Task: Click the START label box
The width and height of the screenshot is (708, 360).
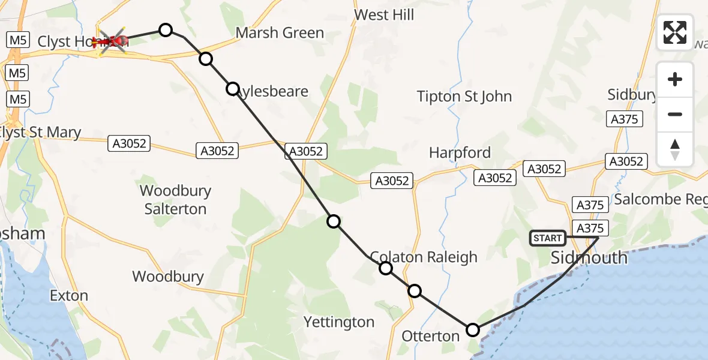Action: coord(547,238)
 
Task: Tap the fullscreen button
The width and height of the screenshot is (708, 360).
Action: coord(675,32)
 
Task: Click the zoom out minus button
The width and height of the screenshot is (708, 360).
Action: coord(675,114)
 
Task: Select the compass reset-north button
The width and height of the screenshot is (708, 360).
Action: coord(675,149)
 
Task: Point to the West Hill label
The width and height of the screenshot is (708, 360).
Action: coord(384,15)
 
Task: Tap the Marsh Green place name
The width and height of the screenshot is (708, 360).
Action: coord(280,33)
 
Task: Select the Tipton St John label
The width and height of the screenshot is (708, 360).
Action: coord(464,96)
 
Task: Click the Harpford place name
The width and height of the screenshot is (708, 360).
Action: coord(460,153)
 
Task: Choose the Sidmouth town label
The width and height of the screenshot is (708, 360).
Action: coord(589,258)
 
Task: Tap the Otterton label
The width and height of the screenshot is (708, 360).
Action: coord(431,336)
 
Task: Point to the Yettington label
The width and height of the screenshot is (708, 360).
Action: coord(339,322)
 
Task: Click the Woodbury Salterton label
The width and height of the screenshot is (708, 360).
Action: coord(175,200)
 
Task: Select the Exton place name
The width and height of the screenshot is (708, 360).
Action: coord(69,296)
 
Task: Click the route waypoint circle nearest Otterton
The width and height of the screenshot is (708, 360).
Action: coord(473,330)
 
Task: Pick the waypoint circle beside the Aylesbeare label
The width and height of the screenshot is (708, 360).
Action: coord(233,89)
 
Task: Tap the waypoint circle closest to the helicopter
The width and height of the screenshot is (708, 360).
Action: coord(165,30)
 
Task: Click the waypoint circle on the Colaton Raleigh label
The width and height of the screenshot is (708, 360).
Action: coord(386,268)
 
